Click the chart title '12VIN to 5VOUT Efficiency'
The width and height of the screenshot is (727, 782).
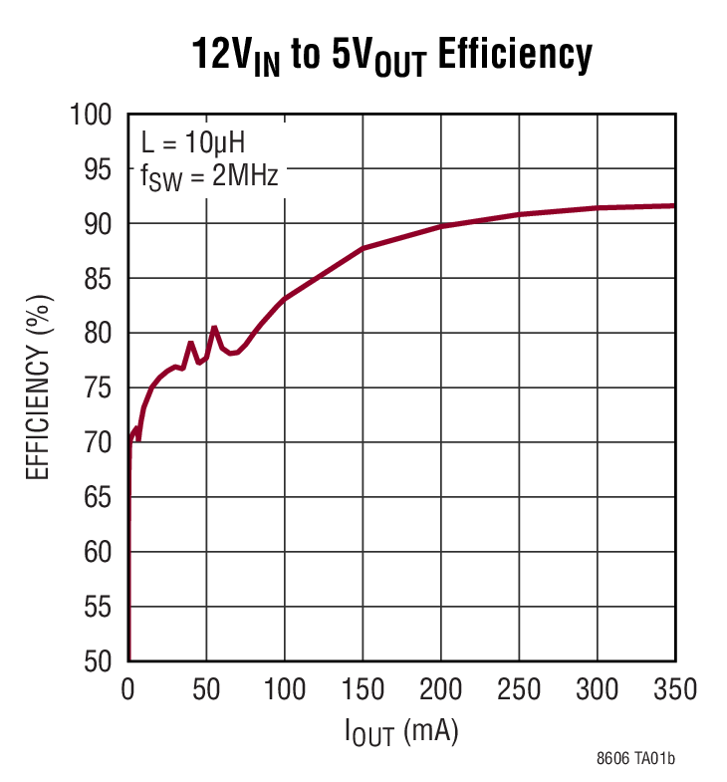[x=392, y=56]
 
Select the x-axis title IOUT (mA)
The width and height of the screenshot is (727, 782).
[x=401, y=734]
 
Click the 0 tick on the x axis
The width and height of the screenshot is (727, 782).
[x=128, y=688]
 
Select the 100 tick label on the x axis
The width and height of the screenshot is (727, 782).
[x=284, y=688]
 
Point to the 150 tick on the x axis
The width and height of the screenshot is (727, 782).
[x=363, y=688]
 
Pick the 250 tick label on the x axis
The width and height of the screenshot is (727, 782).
[x=519, y=688]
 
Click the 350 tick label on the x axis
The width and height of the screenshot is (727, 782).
[x=674, y=688]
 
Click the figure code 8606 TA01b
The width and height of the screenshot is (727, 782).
[x=635, y=760]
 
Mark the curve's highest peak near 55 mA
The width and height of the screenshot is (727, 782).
[x=214, y=327]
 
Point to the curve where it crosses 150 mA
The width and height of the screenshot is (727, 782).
[x=363, y=248]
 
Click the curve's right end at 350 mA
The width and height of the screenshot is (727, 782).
[x=674, y=206]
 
